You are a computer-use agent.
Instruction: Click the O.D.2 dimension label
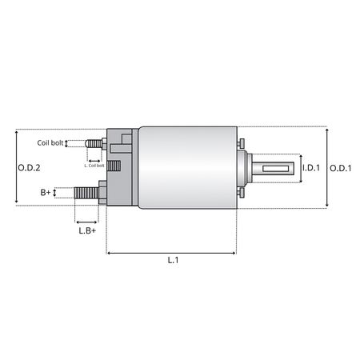(x=29, y=168)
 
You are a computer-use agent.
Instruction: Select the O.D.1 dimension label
(x=341, y=168)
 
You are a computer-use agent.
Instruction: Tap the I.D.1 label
(x=311, y=168)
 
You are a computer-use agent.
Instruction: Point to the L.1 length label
(x=173, y=260)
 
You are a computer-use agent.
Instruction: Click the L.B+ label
(x=87, y=230)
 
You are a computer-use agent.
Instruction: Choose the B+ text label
(x=46, y=192)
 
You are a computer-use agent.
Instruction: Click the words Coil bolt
(x=50, y=143)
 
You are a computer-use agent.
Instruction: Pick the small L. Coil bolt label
(x=94, y=166)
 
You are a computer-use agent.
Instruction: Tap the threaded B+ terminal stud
(x=86, y=193)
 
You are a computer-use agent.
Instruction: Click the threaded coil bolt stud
(x=94, y=144)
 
